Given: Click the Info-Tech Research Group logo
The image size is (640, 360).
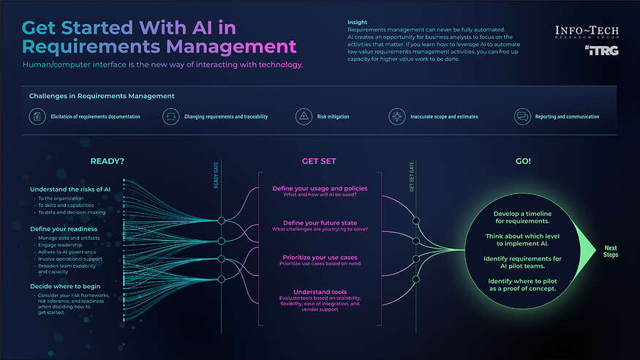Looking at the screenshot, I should (x=587, y=33).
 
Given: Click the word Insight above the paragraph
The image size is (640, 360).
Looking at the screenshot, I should (x=358, y=23).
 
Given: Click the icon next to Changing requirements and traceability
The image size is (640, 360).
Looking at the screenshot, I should (x=170, y=116).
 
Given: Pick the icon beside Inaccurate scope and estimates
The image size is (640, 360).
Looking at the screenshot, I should (x=397, y=116).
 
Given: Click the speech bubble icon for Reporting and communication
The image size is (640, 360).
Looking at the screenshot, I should (x=522, y=116).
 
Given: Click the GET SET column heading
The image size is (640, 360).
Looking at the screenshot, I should (x=320, y=161).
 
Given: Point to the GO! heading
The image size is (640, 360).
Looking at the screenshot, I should (x=523, y=161).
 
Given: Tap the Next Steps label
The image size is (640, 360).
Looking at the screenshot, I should (x=610, y=251).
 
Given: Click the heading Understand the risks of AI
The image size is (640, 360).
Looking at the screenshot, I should (x=70, y=190).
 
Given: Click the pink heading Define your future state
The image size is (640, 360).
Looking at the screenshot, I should (x=320, y=222).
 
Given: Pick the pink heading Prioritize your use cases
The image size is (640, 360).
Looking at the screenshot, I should (x=320, y=257).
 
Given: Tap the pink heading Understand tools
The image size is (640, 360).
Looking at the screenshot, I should (x=320, y=291).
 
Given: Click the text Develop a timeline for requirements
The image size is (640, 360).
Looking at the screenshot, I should (x=523, y=217).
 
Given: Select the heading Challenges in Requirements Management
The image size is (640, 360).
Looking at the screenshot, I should (x=101, y=96).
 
